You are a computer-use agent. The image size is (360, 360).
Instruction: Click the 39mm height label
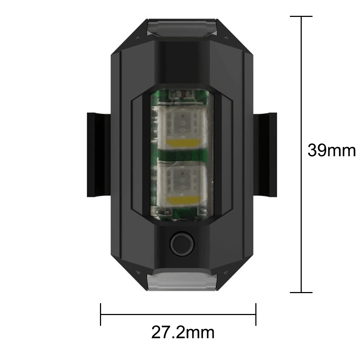coord(331,150)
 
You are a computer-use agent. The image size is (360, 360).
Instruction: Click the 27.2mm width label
coord(182,333)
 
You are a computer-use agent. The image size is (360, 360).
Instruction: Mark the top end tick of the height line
coord(301,17)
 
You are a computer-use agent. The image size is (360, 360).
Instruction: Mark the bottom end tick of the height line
coord(301,292)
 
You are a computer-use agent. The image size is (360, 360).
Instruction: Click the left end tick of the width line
coord(101,314)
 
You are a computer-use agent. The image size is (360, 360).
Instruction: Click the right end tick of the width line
coord(256,314)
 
